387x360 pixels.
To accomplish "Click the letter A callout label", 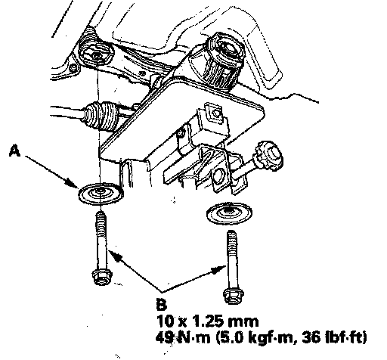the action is pyautogui.click(x=14, y=151).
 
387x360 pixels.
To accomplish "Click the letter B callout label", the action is pyautogui.click(x=162, y=304).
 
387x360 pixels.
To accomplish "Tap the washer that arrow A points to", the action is pyautogui.click(x=101, y=194).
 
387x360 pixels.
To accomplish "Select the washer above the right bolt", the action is pyautogui.click(x=229, y=213).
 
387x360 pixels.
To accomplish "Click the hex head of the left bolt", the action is pyautogui.click(x=102, y=277).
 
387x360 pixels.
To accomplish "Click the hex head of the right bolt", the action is pyautogui.click(x=234, y=296).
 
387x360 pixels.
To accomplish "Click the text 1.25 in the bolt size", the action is pyautogui.click(x=208, y=321).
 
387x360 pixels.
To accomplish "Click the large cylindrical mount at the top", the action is pyautogui.click(x=224, y=60).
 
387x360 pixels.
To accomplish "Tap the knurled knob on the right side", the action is pyautogui.click(x=269, y=155).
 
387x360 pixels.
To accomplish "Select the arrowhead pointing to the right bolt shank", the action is pyautogui.click(x=218, y=270).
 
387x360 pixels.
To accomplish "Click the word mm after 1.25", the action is pyautogui.click(x=243, y=322).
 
